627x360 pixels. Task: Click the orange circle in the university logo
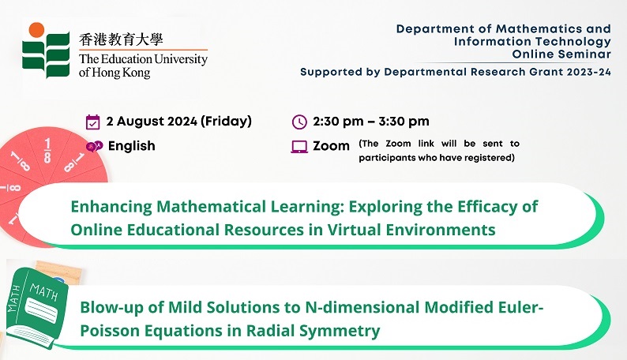(36, 30)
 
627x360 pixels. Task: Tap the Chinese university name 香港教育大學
(121, 39)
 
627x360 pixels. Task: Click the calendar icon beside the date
(92, 122)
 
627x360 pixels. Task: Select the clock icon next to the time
(299, 122)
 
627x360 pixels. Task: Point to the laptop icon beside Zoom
(299, 147)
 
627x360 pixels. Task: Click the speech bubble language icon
(95, 146)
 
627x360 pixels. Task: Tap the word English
(132, 146)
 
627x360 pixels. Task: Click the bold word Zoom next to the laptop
(331, 146)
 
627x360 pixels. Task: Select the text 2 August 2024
(152, 121)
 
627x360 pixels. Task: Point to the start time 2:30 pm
(338, 121)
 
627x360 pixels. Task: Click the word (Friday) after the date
(226, 121)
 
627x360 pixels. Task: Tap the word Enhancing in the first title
(111, 207)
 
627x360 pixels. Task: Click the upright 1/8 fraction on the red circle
(47, 151)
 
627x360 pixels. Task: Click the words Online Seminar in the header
(561, 54)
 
